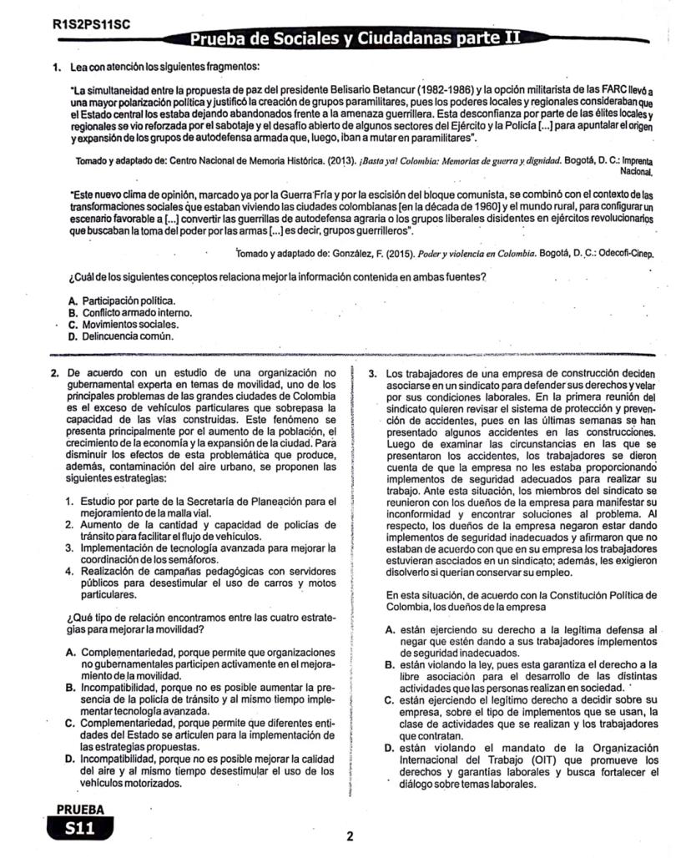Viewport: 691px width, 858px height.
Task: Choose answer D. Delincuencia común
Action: [121, 336]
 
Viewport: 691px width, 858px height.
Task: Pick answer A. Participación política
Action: [123, 300]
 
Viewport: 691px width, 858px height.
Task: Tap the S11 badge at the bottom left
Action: [79, 828]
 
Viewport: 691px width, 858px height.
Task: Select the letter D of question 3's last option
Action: [390, 749]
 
